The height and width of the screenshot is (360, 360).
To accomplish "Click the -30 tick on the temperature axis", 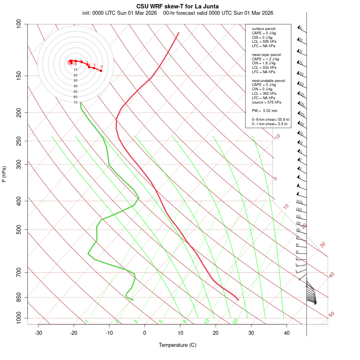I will click(38, 333).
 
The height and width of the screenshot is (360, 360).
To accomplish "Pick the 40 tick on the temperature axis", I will click(287, 333).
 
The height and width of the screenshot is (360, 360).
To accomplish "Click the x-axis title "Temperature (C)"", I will click(178, 345).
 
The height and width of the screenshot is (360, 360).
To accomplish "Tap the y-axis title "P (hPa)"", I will click(4, 174).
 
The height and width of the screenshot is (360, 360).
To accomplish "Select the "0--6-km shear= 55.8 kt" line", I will click(270, 120).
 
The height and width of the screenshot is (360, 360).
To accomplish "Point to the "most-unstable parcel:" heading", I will click(269, 80).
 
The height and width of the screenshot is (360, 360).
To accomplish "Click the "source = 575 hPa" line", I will click(266, 102).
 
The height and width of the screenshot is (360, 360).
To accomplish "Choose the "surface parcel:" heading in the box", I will click(264, 29).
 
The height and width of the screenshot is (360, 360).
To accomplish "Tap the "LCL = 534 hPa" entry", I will click(264, 68).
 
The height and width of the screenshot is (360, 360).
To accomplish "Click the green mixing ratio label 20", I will click(236, 321).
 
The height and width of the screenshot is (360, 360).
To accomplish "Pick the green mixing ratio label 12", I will click(207, 321).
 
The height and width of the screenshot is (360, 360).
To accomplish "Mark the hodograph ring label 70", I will click(75, 102).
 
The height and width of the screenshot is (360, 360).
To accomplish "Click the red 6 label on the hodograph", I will click(102, 67).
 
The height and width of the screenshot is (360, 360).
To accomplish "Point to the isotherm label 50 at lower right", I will click(331, 315).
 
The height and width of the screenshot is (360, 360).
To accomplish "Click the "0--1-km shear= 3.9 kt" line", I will click(270, 124).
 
